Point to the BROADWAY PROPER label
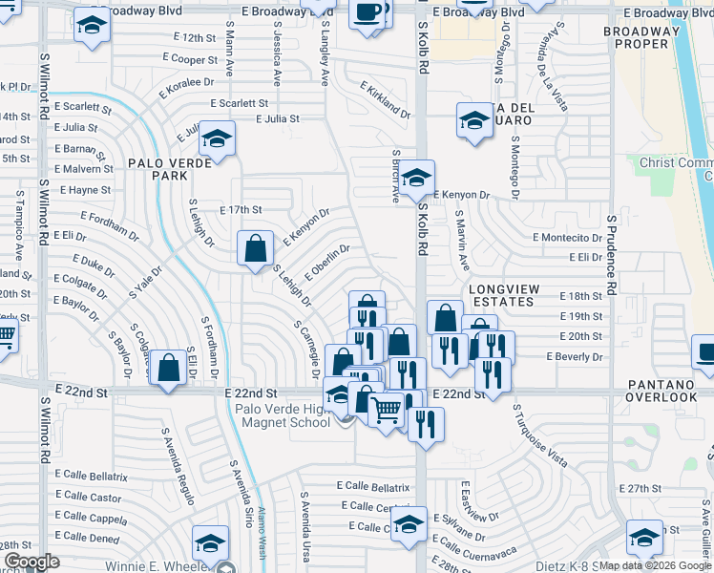641,37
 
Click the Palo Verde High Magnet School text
283,415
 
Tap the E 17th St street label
241,209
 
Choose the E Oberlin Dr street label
327,264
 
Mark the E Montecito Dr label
567,238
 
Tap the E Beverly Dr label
575,355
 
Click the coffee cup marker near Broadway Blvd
367,13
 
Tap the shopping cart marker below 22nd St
386,412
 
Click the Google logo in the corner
31,562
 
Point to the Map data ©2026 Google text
655,565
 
